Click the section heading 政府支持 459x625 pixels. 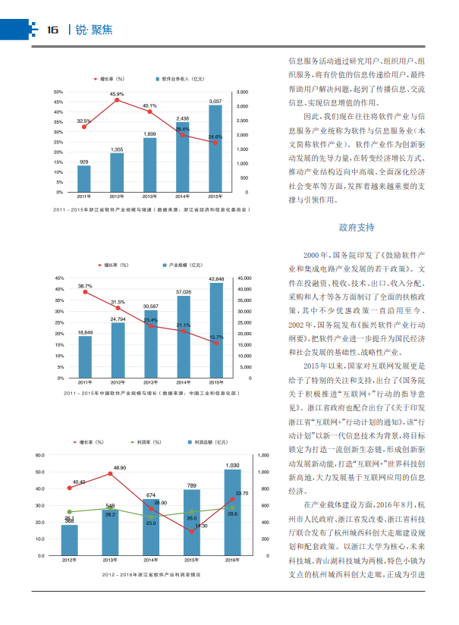[356, 227]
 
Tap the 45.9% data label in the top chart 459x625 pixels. [117, 94]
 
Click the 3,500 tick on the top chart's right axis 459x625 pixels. [243, 92]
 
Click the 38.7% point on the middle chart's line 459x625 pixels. [85, 292]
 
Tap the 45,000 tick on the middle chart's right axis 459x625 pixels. [244, 278]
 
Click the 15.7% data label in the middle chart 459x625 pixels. [216, 336]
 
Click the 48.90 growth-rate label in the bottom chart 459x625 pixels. [120, 467]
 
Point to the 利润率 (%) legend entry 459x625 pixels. [145, 441]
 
